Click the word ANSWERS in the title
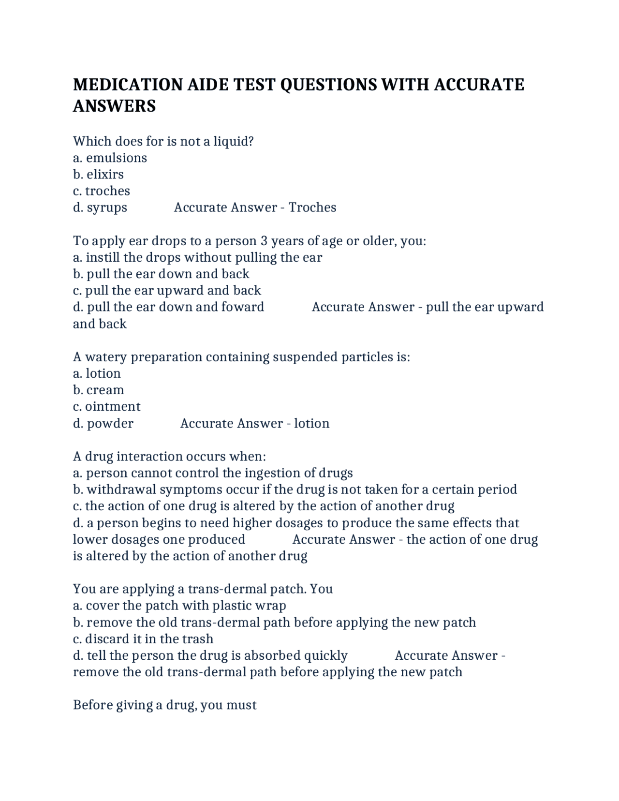tap(114, 106)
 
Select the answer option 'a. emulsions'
tap(110, 158)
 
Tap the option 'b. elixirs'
tap(98, 174)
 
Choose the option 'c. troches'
tap(102, 191)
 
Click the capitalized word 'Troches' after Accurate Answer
tap(312, 207)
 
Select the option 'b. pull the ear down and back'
tap(161, 274)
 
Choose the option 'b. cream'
tap(98, 390)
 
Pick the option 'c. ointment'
tap(106, 406)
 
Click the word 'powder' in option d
tap(110, 423)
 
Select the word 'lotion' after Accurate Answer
tap(312, 423)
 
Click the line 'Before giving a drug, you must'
tap(164, 705)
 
